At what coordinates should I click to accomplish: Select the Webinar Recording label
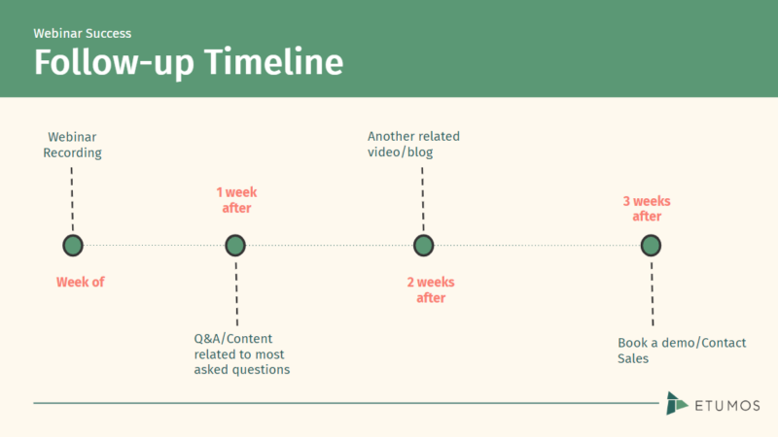point(72,145)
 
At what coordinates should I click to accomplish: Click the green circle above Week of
point(72,245)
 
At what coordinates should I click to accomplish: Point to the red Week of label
point(80,283)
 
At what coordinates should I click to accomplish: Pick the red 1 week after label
point(236,200)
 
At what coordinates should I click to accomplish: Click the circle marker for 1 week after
point(235,245)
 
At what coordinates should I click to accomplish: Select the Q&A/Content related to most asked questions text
point(242,354)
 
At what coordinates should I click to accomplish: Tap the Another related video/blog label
point(413,145)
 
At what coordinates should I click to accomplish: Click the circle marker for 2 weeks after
point(423,245)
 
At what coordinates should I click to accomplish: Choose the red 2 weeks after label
point(431,289)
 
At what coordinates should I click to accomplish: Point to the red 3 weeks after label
point(647,209)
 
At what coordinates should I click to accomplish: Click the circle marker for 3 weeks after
point(652,245)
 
